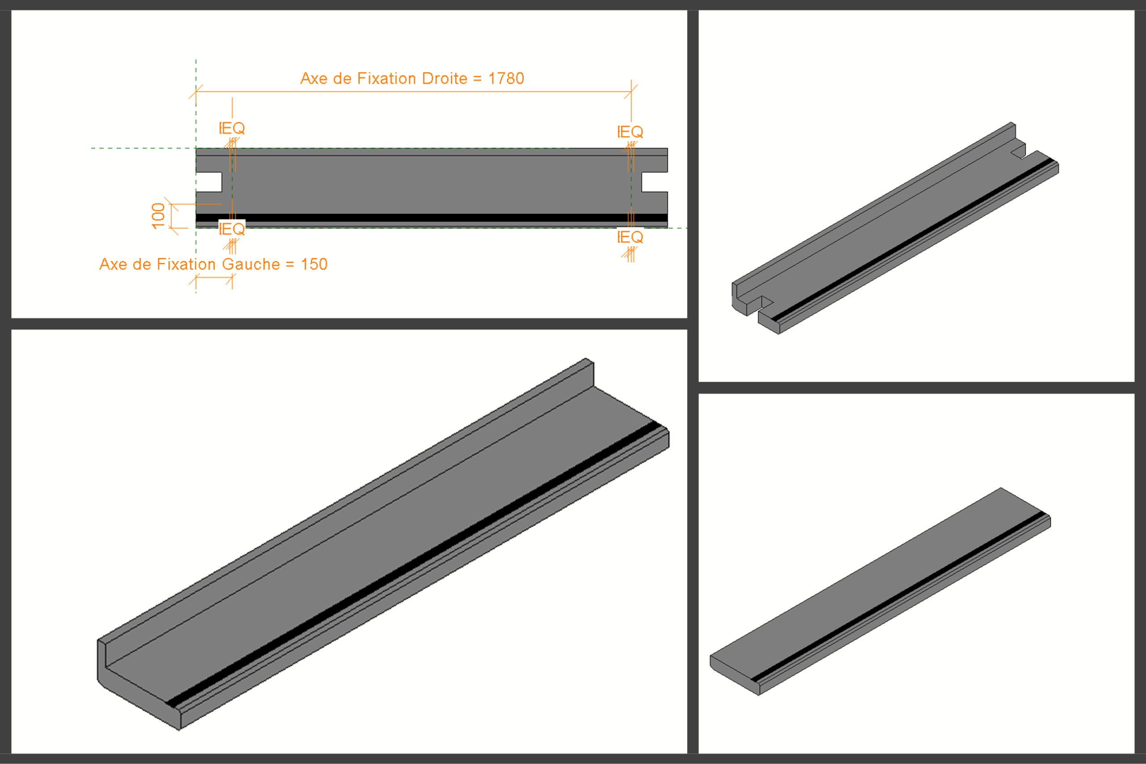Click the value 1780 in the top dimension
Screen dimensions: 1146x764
[506, 78]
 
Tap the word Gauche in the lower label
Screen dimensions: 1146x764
[251, 264]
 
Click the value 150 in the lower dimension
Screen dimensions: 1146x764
[314, 264]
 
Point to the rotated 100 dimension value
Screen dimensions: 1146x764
[158, 216]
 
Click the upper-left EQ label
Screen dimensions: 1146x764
[232, 128]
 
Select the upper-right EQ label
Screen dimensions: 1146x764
[630, 132]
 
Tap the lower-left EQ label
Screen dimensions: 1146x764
[232, 229]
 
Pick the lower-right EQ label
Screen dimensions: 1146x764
[630, 237]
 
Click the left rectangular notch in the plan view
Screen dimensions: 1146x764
[209, 182]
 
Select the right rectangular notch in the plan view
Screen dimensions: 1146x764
[654, 182]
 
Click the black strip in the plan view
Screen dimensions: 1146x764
[432, 218]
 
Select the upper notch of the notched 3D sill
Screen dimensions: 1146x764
[1018, 150]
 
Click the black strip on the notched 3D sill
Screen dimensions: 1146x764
[912, 240]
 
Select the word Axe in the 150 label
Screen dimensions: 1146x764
[113, 264]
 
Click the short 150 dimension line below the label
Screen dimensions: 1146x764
[214, 278]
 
